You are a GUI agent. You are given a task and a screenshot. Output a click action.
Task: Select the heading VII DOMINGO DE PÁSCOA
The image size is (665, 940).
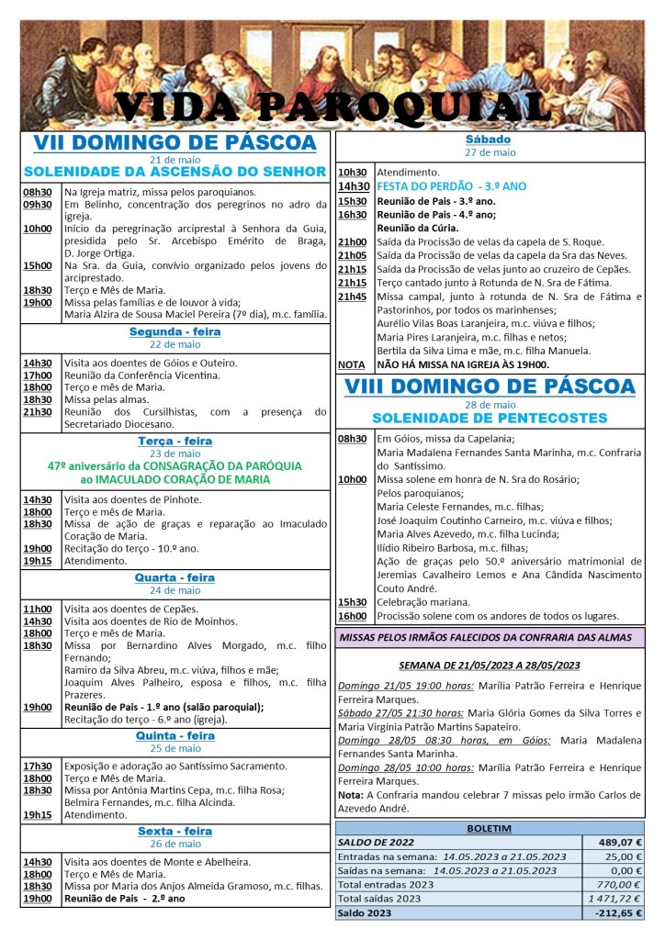tap(175, 142)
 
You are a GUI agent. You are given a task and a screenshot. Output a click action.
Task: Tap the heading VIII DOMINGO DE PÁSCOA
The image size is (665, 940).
tap(490, 386)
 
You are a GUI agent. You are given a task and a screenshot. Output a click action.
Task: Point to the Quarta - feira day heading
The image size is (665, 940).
tap(175, 578)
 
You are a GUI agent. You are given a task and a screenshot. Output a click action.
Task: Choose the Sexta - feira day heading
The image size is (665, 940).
tap(175, 832)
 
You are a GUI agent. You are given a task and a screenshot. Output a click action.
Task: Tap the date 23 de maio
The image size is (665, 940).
tap(175, 453)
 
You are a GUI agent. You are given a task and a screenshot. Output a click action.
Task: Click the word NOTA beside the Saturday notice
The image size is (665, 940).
tap(351, 364)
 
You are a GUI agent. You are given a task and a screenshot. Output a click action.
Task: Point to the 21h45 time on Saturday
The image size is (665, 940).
tap(353, 297)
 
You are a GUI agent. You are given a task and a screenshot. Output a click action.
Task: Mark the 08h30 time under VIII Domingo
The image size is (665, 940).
tap(353, 440)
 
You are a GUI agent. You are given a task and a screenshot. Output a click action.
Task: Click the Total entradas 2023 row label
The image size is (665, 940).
tap(385, 885)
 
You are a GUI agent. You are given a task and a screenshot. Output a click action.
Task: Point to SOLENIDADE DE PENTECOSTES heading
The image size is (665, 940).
tap(490, 419)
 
